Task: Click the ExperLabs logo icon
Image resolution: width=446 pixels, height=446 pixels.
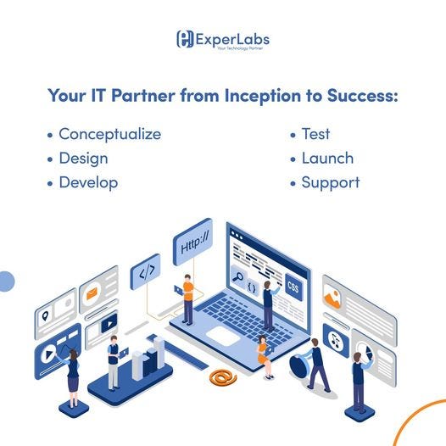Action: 184,39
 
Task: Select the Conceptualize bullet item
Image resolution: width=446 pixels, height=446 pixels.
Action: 109,134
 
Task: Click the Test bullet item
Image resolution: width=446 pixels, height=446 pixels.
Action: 315,134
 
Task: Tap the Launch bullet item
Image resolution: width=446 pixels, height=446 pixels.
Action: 327,158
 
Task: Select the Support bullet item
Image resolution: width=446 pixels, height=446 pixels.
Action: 331,182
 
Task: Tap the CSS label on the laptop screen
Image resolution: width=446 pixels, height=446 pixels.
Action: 293,286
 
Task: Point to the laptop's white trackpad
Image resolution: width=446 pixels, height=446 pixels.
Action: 224,336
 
